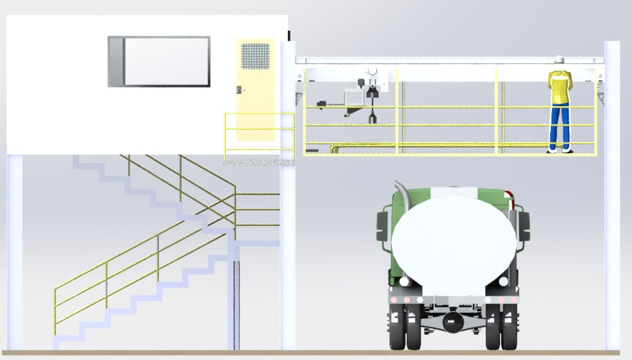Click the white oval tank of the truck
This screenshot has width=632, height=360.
pyautogui.click(x=452, y=238)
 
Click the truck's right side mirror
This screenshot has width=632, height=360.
pyautogui.click(x=524, y=225)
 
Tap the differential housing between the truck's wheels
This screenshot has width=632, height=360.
pyautogui.click(x=452, y=323)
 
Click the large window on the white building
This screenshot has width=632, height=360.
pyautogui.click(x=159, y=61)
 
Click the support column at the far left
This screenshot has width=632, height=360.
pyautogui.click(x=15, y=251)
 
